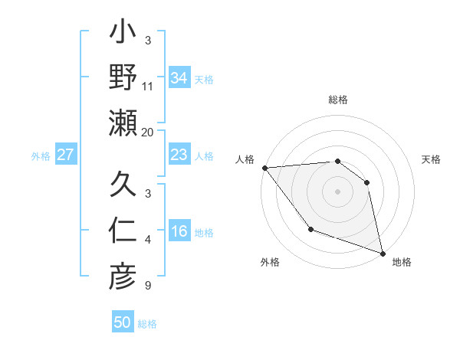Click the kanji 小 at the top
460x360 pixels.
123,36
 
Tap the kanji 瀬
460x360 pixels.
123,123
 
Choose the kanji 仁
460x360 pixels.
123,231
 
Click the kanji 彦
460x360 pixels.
123,276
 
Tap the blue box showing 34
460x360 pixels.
179,78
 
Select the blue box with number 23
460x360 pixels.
179,155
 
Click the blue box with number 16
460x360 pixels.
179,232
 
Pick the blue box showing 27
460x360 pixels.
66,155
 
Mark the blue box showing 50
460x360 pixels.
123,322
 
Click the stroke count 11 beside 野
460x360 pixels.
148,87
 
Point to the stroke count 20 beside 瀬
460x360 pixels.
148,133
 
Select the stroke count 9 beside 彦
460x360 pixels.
148,286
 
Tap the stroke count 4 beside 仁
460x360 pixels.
148,241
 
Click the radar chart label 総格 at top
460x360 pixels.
338,100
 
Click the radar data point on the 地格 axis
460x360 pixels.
383,253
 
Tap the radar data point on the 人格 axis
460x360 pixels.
264,168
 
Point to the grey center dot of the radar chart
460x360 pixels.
337,191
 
